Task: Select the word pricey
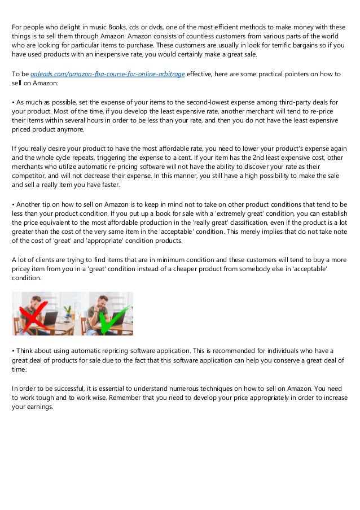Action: pos(23,269)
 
